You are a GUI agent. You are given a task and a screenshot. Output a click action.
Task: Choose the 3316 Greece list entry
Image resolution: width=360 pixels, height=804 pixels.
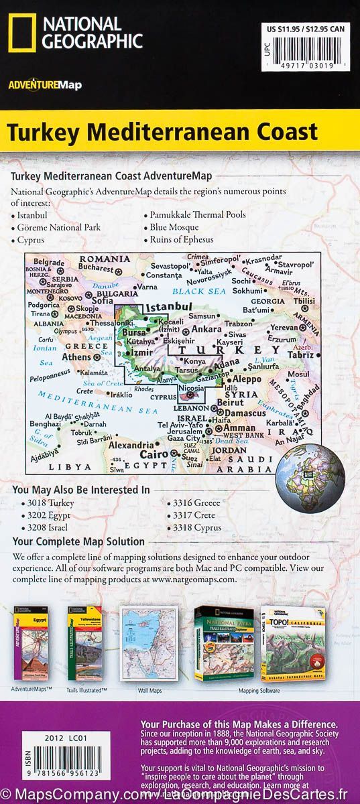pos(174,502)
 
